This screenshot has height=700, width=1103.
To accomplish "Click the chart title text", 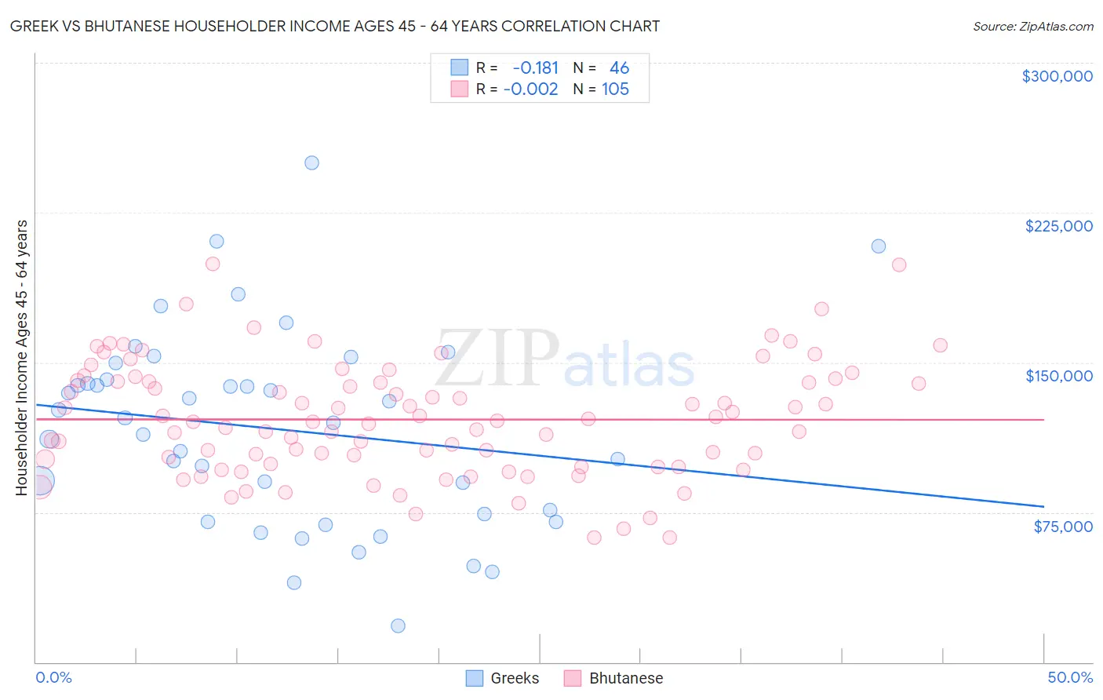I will point(335,26).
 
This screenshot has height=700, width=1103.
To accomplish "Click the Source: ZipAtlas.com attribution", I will point(1032,26).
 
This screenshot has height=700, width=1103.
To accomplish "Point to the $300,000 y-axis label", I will point(1057,76).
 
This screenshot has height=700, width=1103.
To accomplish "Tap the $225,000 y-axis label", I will point(1058,226).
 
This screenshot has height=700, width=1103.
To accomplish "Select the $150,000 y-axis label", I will point(1058,376).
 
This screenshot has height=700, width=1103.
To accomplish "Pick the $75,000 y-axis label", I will point(1062,527).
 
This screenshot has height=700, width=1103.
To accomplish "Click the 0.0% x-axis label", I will point(53,677).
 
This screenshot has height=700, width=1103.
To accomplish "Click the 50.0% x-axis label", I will point(1069,677).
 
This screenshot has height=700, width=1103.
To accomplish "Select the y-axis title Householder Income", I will point(21,358).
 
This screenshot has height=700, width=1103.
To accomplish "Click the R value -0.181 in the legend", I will point(535,68).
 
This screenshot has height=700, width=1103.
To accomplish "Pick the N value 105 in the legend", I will point(615,89).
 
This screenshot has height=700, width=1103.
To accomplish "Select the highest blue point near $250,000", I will point(311,163).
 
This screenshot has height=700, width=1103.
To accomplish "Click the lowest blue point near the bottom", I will point(398,625).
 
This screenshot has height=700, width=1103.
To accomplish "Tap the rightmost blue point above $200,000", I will point(879,246).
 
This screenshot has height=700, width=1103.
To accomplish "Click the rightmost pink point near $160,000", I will point(940,345).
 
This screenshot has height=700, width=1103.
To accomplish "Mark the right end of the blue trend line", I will point(1043,506).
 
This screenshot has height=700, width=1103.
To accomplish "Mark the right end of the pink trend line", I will point(1043,420).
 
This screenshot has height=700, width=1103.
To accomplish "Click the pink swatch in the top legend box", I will point(459,89).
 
